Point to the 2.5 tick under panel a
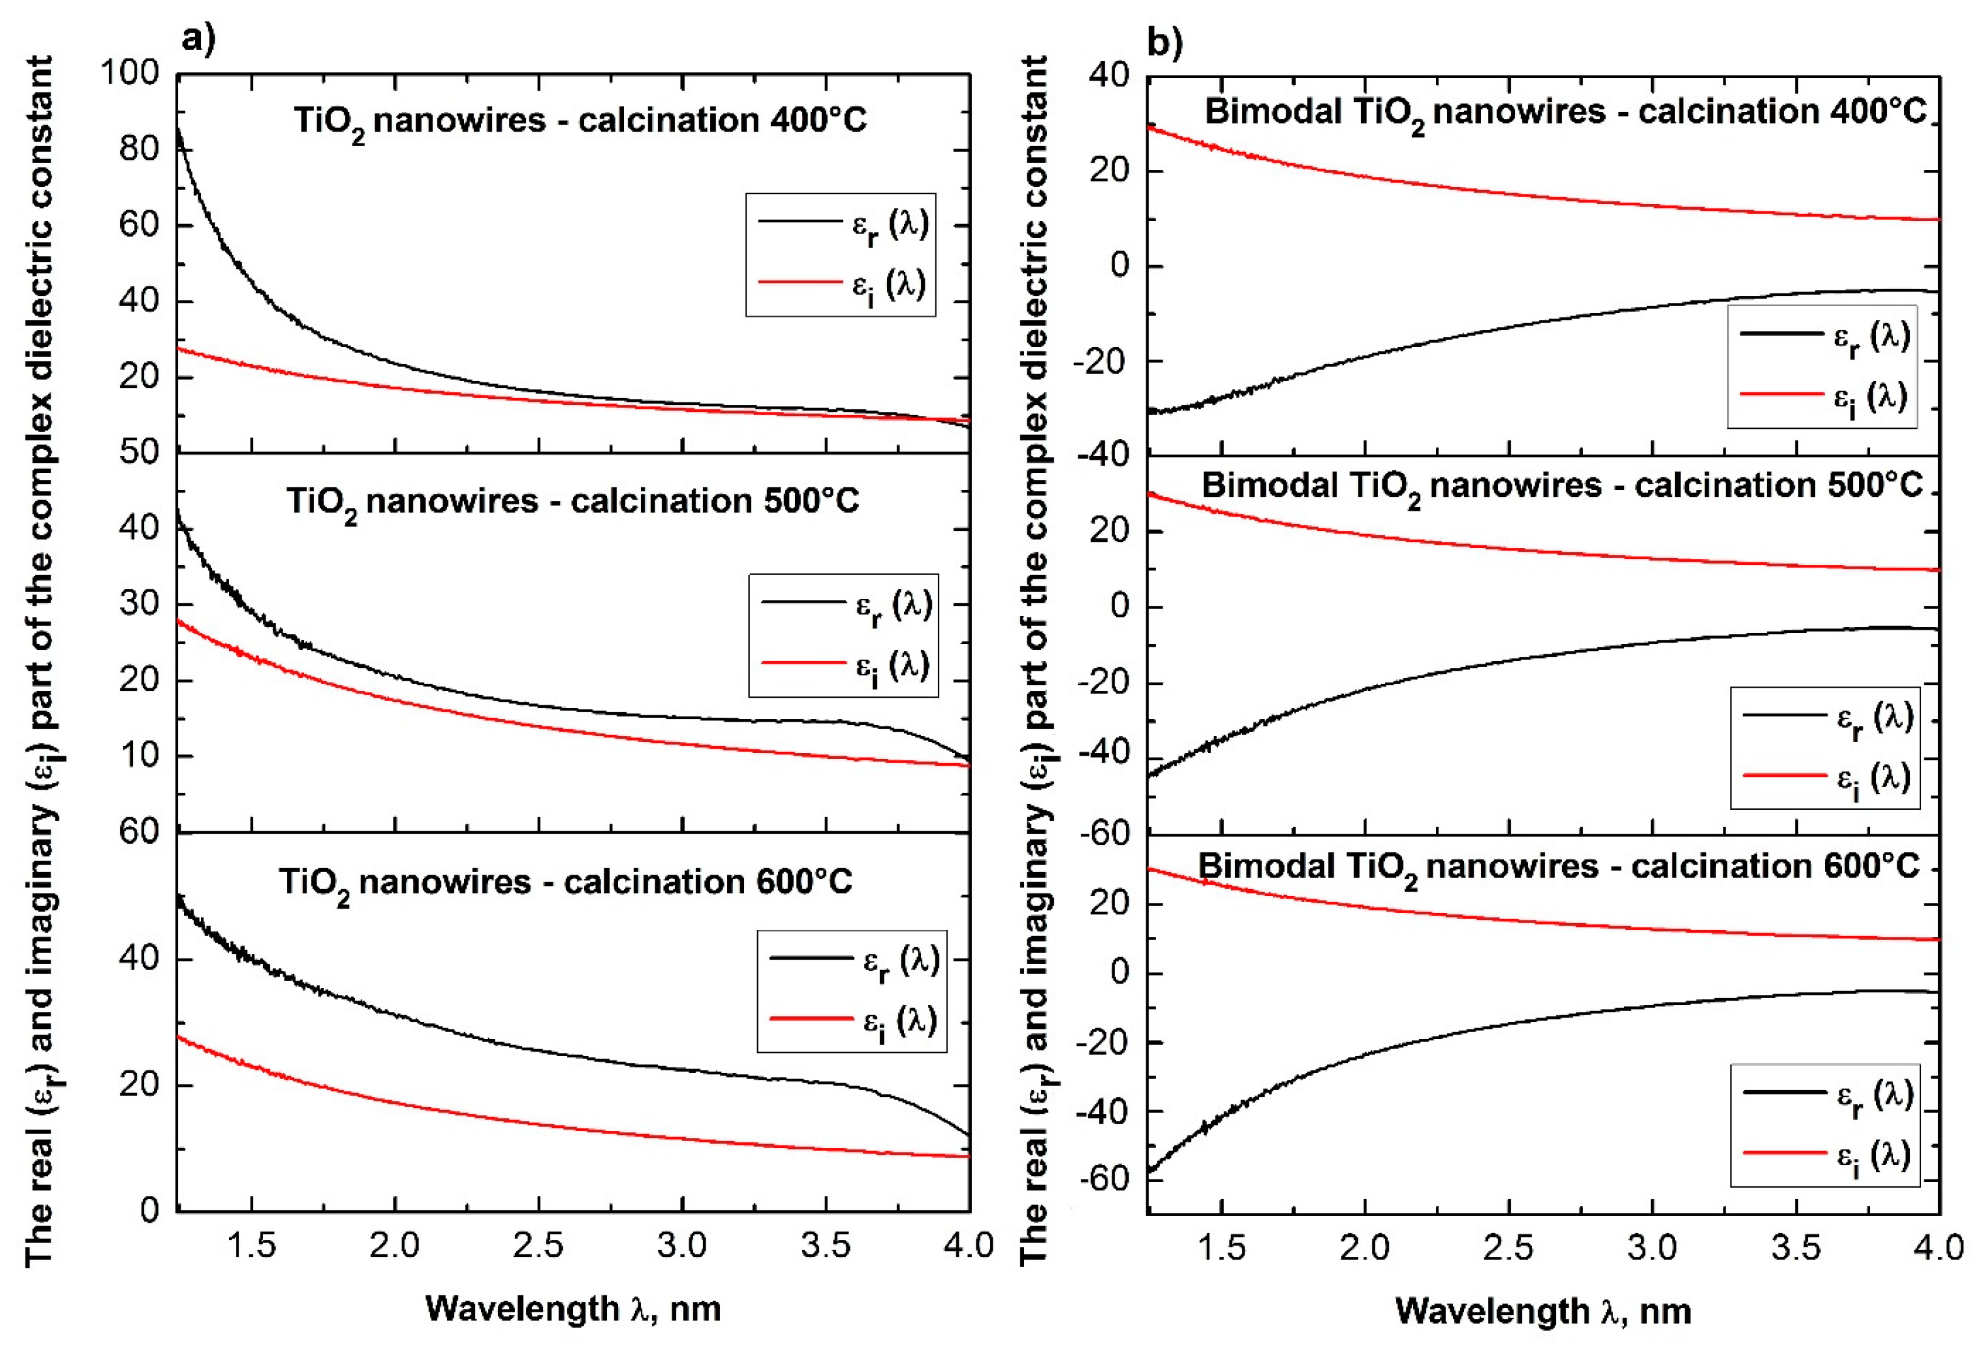[539, 1246]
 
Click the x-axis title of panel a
[573, 1309]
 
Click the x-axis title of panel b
[1543, 1310]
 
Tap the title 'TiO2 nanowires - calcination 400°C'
[580, 121]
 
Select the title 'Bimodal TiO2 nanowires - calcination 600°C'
[1558, 868]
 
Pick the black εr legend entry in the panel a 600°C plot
[852, 959]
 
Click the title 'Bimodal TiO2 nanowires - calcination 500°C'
[1562, 487]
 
